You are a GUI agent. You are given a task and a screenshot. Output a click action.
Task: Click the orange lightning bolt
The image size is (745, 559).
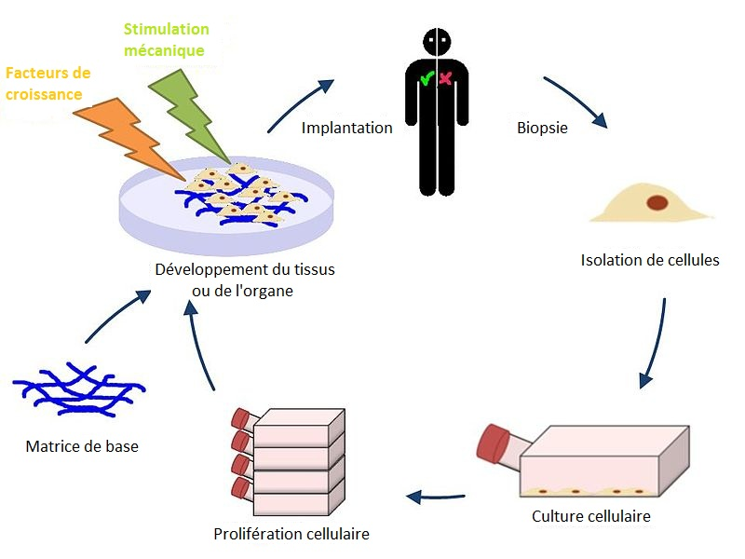pos(116,126)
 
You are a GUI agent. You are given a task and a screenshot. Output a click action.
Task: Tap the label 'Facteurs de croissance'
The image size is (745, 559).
pos(48,83)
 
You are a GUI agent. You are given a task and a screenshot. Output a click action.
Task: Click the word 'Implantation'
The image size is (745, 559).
pos(346,128)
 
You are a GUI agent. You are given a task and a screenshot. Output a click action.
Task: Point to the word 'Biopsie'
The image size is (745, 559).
pos(542,128)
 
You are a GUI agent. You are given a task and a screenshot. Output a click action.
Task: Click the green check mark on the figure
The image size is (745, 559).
pos(426,80)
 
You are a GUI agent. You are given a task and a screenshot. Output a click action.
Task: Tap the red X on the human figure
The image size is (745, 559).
pos(445,80)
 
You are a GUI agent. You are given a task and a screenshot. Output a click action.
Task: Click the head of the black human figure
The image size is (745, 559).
pos(436,43)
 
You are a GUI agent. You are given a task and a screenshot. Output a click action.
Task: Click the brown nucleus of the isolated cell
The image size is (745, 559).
pos(657,201)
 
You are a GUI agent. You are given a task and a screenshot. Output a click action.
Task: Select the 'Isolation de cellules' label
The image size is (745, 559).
pos(650,260)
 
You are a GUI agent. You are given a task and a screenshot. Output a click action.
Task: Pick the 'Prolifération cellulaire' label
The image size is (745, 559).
pos(291,534)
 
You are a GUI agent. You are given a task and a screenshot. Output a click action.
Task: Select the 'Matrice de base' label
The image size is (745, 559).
pos(82,446)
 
